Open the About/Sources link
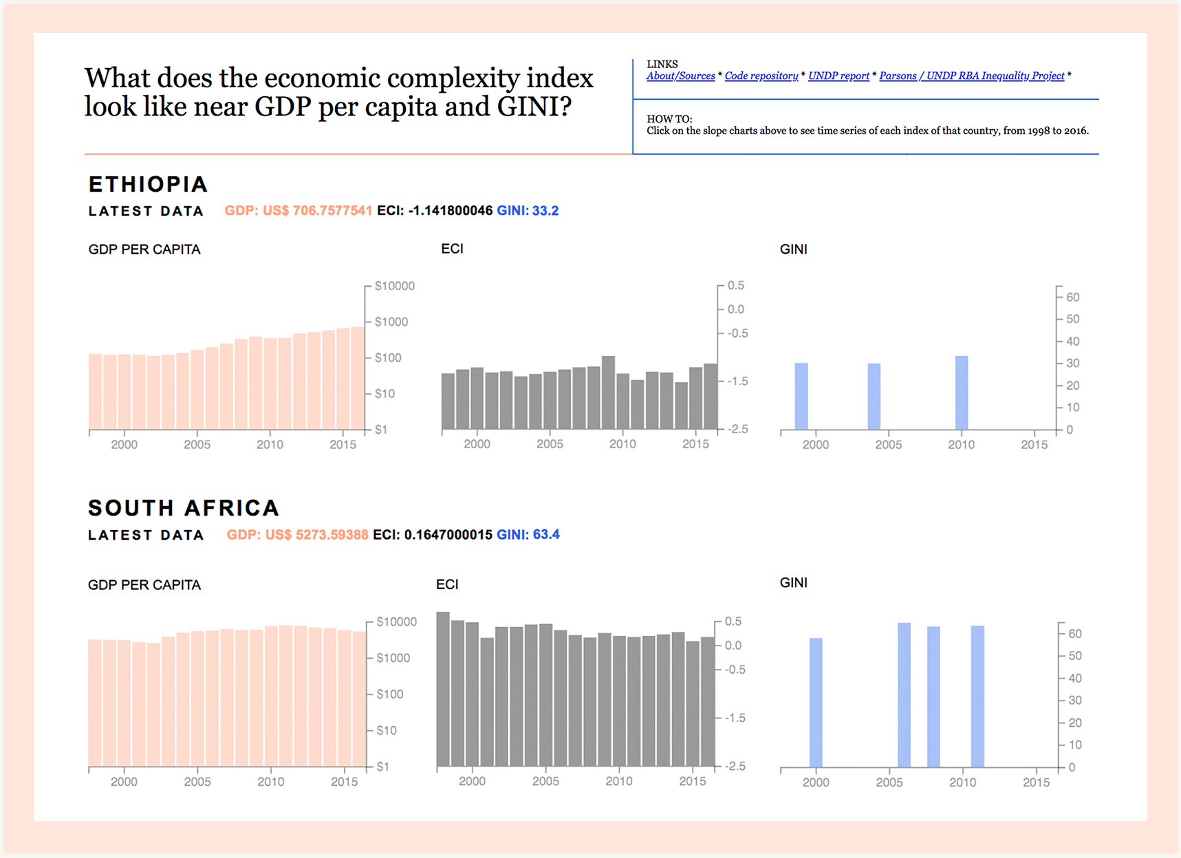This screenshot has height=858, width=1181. click(680, 76)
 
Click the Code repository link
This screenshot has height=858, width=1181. click(761, 76)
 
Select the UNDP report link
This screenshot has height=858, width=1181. click(838, 76)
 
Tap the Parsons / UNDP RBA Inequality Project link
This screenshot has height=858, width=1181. click(971, 76)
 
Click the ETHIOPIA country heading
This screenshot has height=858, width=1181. click(148, 184)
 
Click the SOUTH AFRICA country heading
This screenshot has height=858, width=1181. click(184, 508)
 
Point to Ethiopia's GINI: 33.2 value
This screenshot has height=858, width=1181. click(528, 210)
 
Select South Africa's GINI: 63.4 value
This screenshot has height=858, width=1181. click(528, 534)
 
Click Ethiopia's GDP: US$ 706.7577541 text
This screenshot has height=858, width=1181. click(298, 210)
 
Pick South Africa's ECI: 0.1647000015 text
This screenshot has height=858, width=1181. click(432, 534)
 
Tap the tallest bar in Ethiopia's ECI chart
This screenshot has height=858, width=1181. click(608, 392)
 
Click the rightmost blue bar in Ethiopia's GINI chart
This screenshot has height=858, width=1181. click(962, 393)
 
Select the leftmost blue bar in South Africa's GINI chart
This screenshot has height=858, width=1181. click(816, 702)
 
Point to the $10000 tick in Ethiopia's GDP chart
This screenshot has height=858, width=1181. click(394, 286)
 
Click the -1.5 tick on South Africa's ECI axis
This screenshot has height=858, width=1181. click(735, 718)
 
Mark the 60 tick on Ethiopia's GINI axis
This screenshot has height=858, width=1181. click(1072, 297)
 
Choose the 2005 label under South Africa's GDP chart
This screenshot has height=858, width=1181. click(197, 782)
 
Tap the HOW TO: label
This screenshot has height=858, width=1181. click(669, 119)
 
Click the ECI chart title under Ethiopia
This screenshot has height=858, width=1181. click(452, 249)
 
